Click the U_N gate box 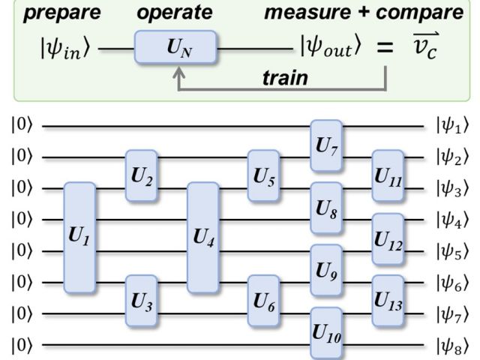(x=175, y=48)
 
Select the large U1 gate (x=79, y=237)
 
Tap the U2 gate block (x=142, y=175)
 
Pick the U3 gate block (x=142, y=300)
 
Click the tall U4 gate (x=202, y=237)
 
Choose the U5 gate (x=264, y=175)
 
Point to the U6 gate (x=264, y=300)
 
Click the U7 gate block (x=326, y=144)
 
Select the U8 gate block (x=326, y=206)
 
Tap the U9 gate (x=326, y=269)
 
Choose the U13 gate (x=388, y=300)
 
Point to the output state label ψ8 (x=451, y=346)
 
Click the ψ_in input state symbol (x=67, y=49)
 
